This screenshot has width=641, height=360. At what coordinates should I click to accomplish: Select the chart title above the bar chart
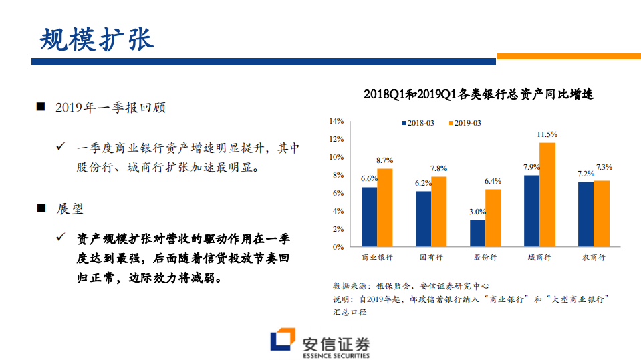point(479,94)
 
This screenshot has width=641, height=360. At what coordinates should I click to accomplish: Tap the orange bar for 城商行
point(547,195)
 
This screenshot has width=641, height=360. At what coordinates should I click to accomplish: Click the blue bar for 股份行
point(477,233)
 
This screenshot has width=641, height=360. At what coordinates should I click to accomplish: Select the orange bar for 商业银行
point(385,208)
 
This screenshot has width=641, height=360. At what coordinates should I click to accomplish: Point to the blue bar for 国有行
point(423,219)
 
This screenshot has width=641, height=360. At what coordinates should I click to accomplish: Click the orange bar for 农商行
point(602,214)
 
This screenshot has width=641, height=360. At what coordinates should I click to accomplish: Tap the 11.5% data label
point(547,134)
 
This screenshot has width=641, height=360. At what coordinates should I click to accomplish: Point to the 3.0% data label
point(477,212)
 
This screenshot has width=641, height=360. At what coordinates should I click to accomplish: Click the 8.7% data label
point(385,160)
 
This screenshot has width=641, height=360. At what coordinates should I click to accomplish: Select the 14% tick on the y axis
point(336,121)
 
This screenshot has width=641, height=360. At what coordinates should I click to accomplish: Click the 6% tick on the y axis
point(338,193)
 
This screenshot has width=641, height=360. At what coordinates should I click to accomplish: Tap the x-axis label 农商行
point(594,257)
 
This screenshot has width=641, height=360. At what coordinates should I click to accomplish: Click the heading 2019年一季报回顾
point(110,108)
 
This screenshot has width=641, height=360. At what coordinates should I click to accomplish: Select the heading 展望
point(70,208)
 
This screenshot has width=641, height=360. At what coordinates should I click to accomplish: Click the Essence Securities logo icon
point(283,341)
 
